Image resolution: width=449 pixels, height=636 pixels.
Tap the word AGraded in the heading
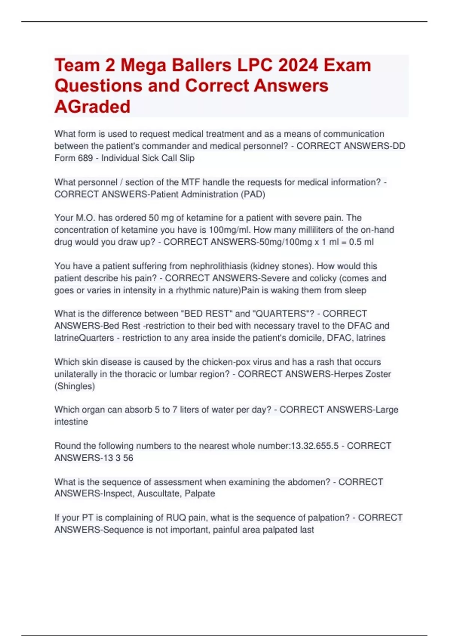pyautogui.click(x=92, y=107)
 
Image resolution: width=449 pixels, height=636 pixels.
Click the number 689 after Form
pyautogui.click(x=85, y=158)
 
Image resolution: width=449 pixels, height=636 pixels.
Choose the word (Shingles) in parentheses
pyautogui.click(x=74, y=386)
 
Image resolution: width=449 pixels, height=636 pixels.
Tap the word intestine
pyautogui.click(x=71, y=422)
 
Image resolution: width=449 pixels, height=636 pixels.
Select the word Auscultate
pyautogui.click(x=158, y=494)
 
